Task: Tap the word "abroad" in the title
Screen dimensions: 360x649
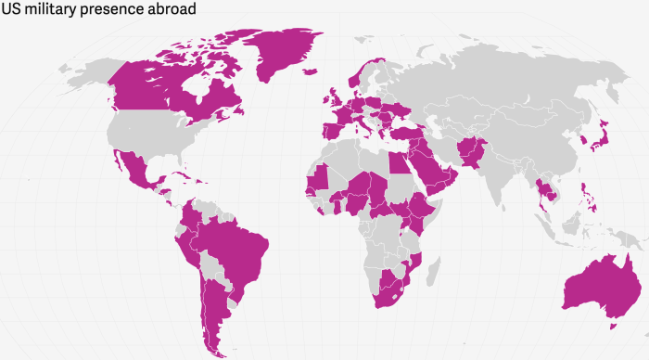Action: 172,8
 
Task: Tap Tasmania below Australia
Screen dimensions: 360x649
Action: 611,325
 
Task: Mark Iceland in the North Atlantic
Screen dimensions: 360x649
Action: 307,78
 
